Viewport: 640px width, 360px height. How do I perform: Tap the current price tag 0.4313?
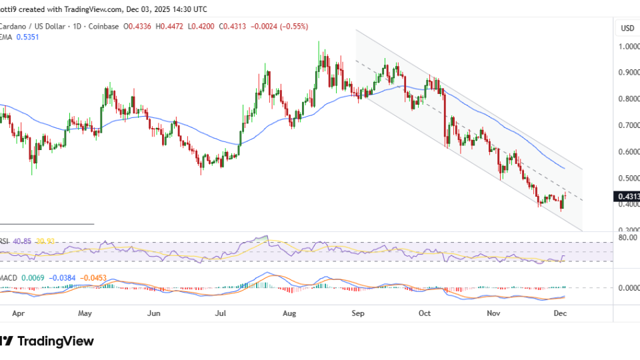(627, 197)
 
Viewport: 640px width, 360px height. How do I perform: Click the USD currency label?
(627, 28)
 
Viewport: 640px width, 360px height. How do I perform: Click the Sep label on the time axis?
(359, 312)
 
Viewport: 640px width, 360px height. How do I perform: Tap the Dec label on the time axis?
(561, 312)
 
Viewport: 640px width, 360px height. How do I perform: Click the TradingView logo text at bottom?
(55, 341)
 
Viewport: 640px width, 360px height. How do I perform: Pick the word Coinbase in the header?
(103, 27)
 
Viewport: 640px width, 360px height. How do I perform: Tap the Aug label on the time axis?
(289, 312)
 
